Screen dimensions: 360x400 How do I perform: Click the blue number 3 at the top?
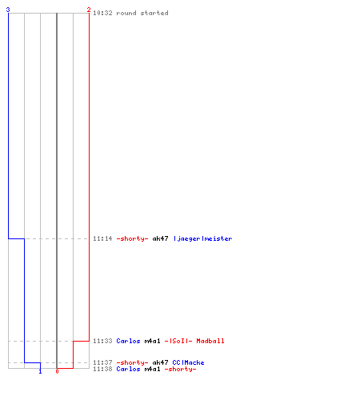(8, 10)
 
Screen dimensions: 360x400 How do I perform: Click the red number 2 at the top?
(89, 10)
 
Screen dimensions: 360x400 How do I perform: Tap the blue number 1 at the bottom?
(40, 371)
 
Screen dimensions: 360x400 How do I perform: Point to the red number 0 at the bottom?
(57, 371)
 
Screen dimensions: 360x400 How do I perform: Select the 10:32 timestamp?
(102, 13)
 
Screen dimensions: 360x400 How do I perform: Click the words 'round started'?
(142, 13)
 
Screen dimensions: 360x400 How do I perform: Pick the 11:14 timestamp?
(102, 238)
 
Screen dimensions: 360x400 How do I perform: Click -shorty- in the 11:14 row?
(132, 238)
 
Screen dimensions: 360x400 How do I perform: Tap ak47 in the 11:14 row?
(160, 238)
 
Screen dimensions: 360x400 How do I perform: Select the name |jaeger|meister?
(203, 238)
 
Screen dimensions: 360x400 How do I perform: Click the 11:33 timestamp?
(102, 341)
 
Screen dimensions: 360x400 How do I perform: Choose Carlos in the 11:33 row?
(128, 341)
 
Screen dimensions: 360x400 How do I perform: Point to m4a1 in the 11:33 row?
(152, 341)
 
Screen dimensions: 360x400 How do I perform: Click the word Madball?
(210, 341)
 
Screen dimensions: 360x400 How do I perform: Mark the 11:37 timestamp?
(102, 362)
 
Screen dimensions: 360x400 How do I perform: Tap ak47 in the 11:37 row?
(160, 362)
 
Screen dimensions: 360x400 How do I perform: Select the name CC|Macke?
(188, 362)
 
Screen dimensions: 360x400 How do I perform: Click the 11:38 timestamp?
(102, 369)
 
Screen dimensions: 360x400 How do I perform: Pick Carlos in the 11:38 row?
(128, 369)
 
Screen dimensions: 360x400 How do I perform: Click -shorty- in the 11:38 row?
(180, 369)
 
